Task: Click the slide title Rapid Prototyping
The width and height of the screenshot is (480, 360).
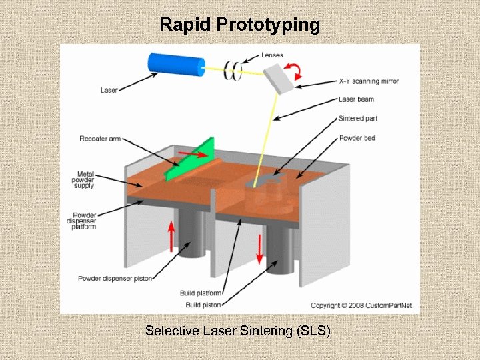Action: point(240,25)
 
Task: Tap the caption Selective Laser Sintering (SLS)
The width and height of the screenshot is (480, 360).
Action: point(238,331)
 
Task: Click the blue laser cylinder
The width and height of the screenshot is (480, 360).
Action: point(176,63)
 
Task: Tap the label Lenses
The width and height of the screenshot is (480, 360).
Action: point(272,55)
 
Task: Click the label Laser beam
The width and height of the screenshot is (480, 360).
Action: point(356,99)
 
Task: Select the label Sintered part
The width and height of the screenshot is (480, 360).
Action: point(359,118)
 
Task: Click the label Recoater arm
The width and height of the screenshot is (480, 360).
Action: point(99,139)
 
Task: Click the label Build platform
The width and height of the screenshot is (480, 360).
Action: point(201,293)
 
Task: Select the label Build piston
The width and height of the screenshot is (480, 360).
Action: point(202,305)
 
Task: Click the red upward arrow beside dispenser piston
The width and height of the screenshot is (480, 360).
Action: point(171,237)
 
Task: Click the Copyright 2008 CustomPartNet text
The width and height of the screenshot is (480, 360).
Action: point(361,305)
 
